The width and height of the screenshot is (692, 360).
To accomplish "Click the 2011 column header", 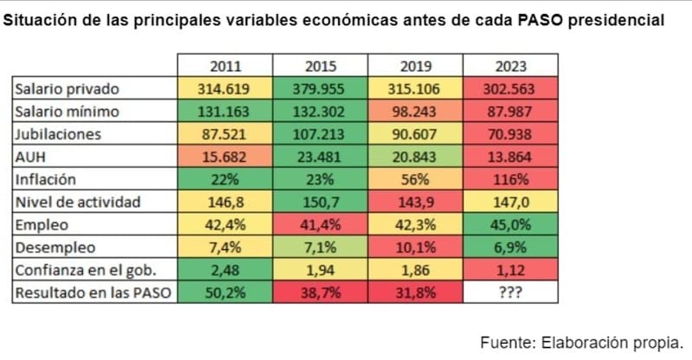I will (x=226, y=66).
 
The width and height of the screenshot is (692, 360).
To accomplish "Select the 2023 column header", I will (x=510, y=66).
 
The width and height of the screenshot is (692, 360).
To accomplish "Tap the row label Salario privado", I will (x=67, y=88).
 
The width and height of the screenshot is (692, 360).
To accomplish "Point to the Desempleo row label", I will (x=50, y=247).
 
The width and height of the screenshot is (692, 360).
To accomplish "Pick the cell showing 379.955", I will (x=320, y=88).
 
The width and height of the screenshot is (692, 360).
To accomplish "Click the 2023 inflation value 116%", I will (x=510, y=179).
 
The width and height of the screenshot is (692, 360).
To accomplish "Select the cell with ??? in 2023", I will (x=510, y=293).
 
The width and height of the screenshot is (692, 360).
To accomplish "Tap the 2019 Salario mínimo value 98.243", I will (x=415, y=111).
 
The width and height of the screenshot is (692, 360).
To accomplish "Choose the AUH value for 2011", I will (x=226, y=157).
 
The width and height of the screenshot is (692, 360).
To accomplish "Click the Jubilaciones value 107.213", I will (x=320, y=134).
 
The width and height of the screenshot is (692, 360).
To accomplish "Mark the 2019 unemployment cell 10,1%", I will (x=415, y=247).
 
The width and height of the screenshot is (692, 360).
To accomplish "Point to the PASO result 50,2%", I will (x=226, y=293).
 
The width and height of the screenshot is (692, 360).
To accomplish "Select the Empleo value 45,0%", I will (x=510, y=225).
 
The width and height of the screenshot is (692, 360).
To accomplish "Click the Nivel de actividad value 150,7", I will (x=320, y=202).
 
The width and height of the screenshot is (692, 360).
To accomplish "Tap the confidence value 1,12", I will (x=510, y=271).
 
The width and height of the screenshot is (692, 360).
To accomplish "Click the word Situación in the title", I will (x=37, y=18).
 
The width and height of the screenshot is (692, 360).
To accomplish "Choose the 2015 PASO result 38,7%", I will (x=320, y=293).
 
